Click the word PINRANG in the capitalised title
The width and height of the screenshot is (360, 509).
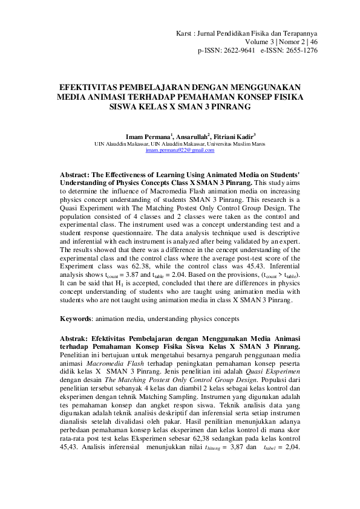(229, 105)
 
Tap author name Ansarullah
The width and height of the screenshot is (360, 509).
(192, 137)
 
